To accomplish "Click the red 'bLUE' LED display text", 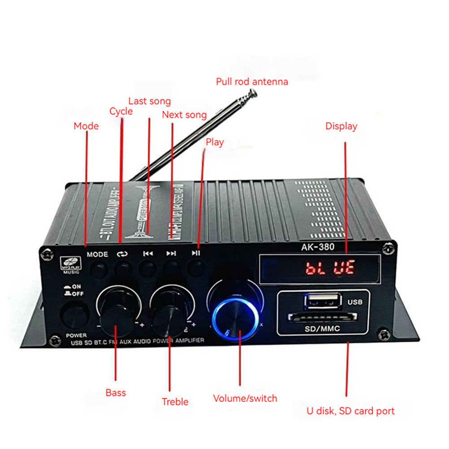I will (330, 268).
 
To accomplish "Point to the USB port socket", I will (322, 301).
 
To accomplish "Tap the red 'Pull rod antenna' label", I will (252, 82).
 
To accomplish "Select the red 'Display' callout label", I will (341, 126).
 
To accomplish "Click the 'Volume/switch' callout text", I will (245, 398).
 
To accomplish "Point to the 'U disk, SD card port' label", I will (350, 411).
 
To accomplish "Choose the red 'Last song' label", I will (149, 101).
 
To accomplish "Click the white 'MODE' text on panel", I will (97, 254).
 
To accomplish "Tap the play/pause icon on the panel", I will (196, 253).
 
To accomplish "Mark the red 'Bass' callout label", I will (116, 393).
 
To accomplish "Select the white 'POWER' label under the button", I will (76, 336).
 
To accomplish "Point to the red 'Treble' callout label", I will (175, 402).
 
